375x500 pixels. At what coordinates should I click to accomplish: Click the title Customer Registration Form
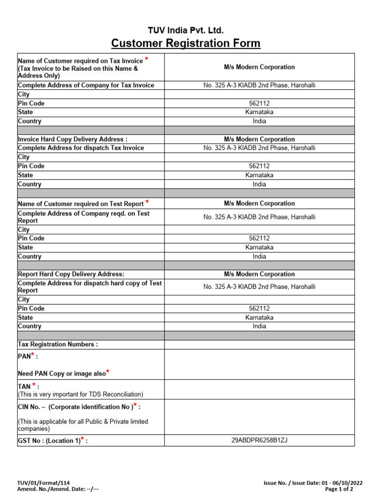point(186,44)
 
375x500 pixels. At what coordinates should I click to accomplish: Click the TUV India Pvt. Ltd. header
point(186,31)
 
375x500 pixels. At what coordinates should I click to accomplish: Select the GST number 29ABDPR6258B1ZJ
point(259,440)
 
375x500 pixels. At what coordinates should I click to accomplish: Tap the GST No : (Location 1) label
point(53,440)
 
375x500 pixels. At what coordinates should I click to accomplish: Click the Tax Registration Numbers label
point(58,344)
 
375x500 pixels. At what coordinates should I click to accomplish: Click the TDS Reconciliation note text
point(81,394)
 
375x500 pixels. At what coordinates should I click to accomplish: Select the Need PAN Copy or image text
point(62,374)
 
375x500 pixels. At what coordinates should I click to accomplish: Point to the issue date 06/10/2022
point(347,482)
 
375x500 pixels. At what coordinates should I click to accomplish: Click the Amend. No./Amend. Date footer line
point(58,489)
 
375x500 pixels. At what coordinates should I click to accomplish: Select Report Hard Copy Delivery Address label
point(71,274)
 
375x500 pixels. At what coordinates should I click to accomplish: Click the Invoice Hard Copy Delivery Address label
point(73,139)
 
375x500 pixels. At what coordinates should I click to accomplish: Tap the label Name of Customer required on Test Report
point(81,204)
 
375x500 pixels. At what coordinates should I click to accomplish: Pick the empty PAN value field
point(259,365)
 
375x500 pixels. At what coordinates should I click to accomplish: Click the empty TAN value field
point(259,390)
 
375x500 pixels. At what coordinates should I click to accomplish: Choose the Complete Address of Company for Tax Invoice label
point(86,85)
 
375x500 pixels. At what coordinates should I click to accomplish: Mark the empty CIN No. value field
point(259,417)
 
